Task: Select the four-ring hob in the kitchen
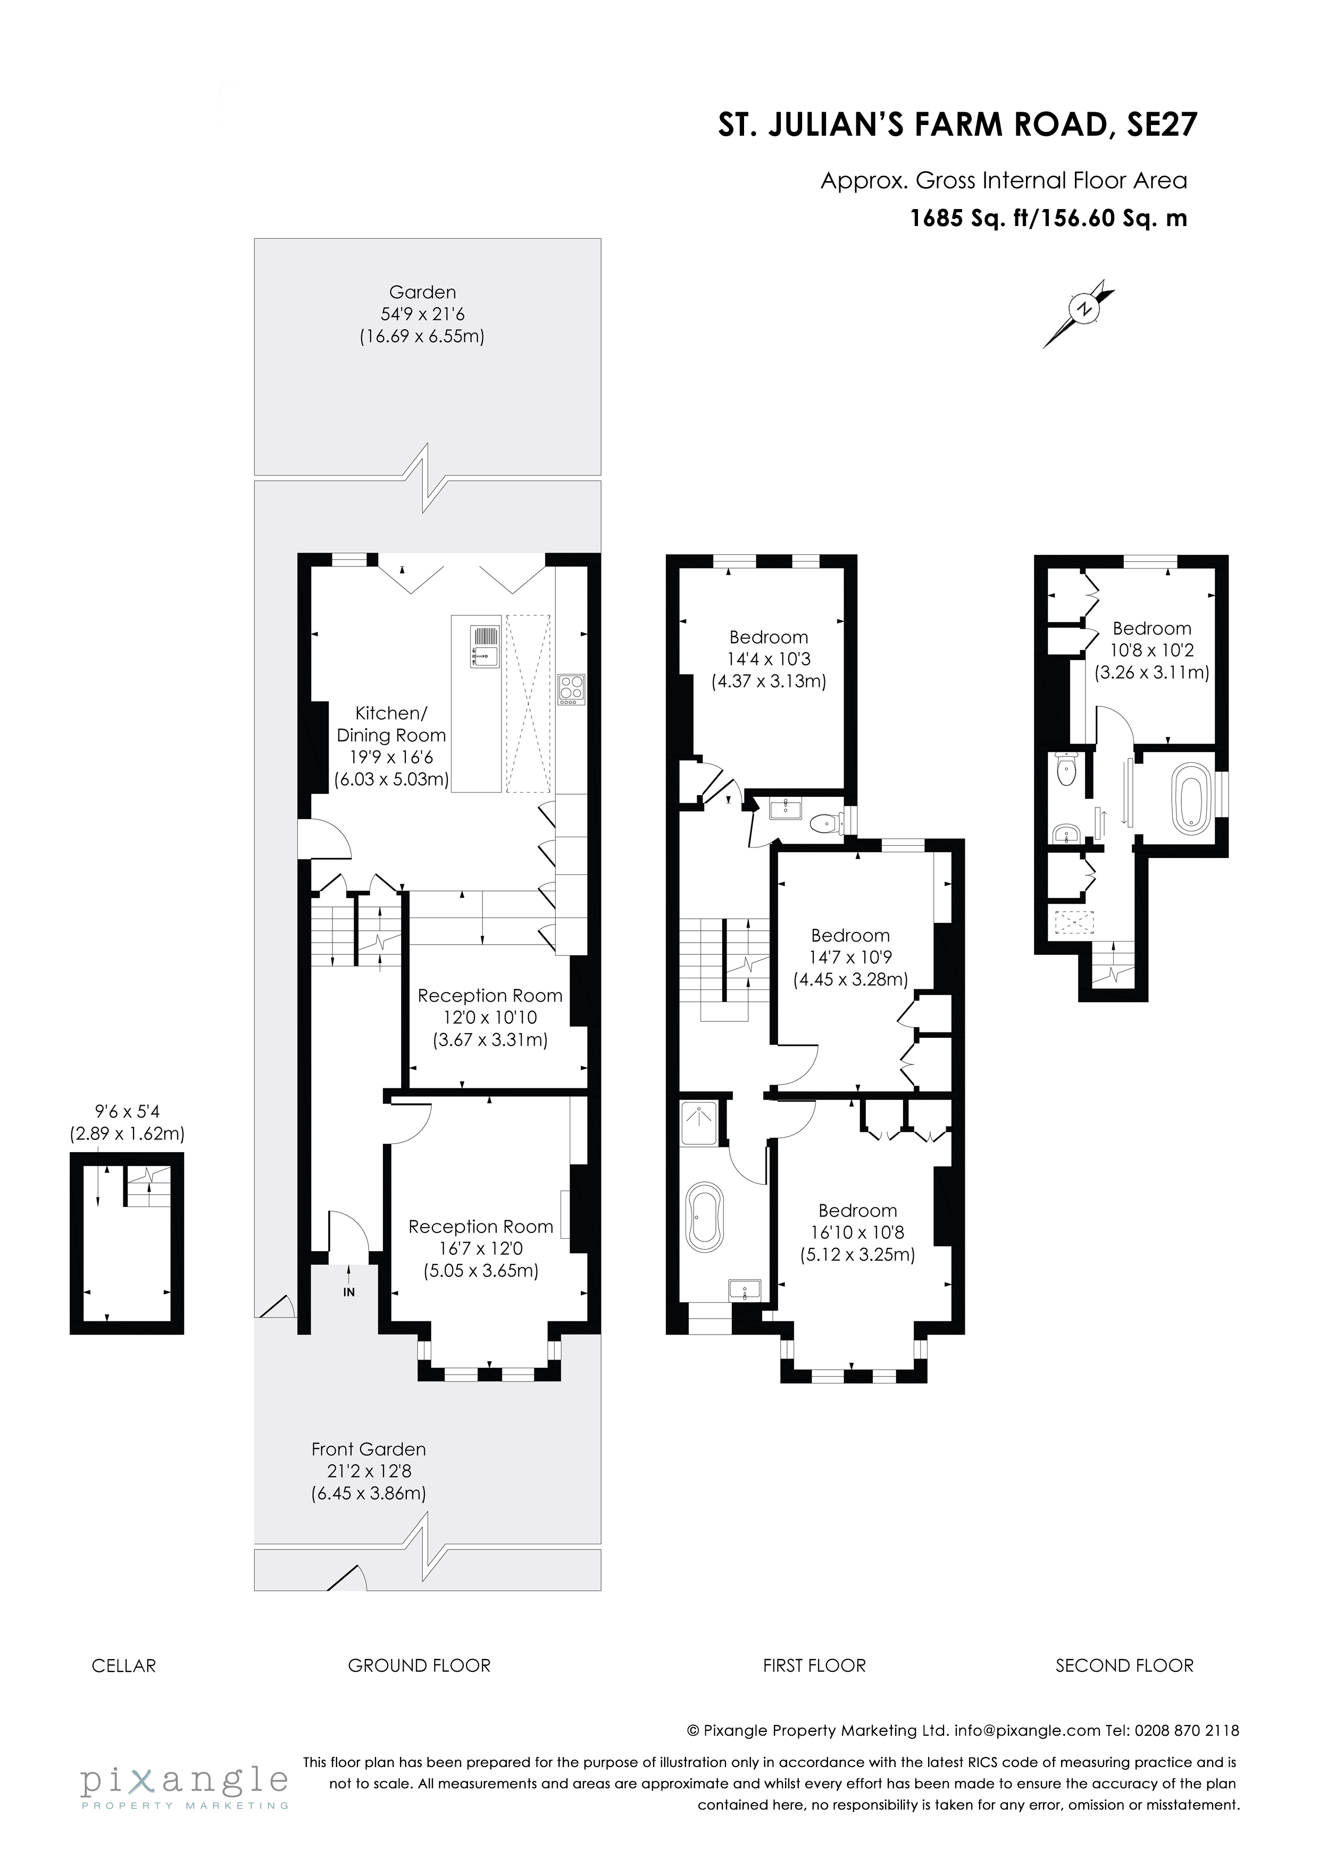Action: [571, 689]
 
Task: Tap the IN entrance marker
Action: [349, 1292]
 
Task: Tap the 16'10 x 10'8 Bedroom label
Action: [857, 1232]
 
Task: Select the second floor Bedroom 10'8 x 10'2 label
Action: [1151, 650]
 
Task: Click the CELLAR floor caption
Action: [123, 1666]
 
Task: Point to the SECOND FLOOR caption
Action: [1124, 1666]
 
